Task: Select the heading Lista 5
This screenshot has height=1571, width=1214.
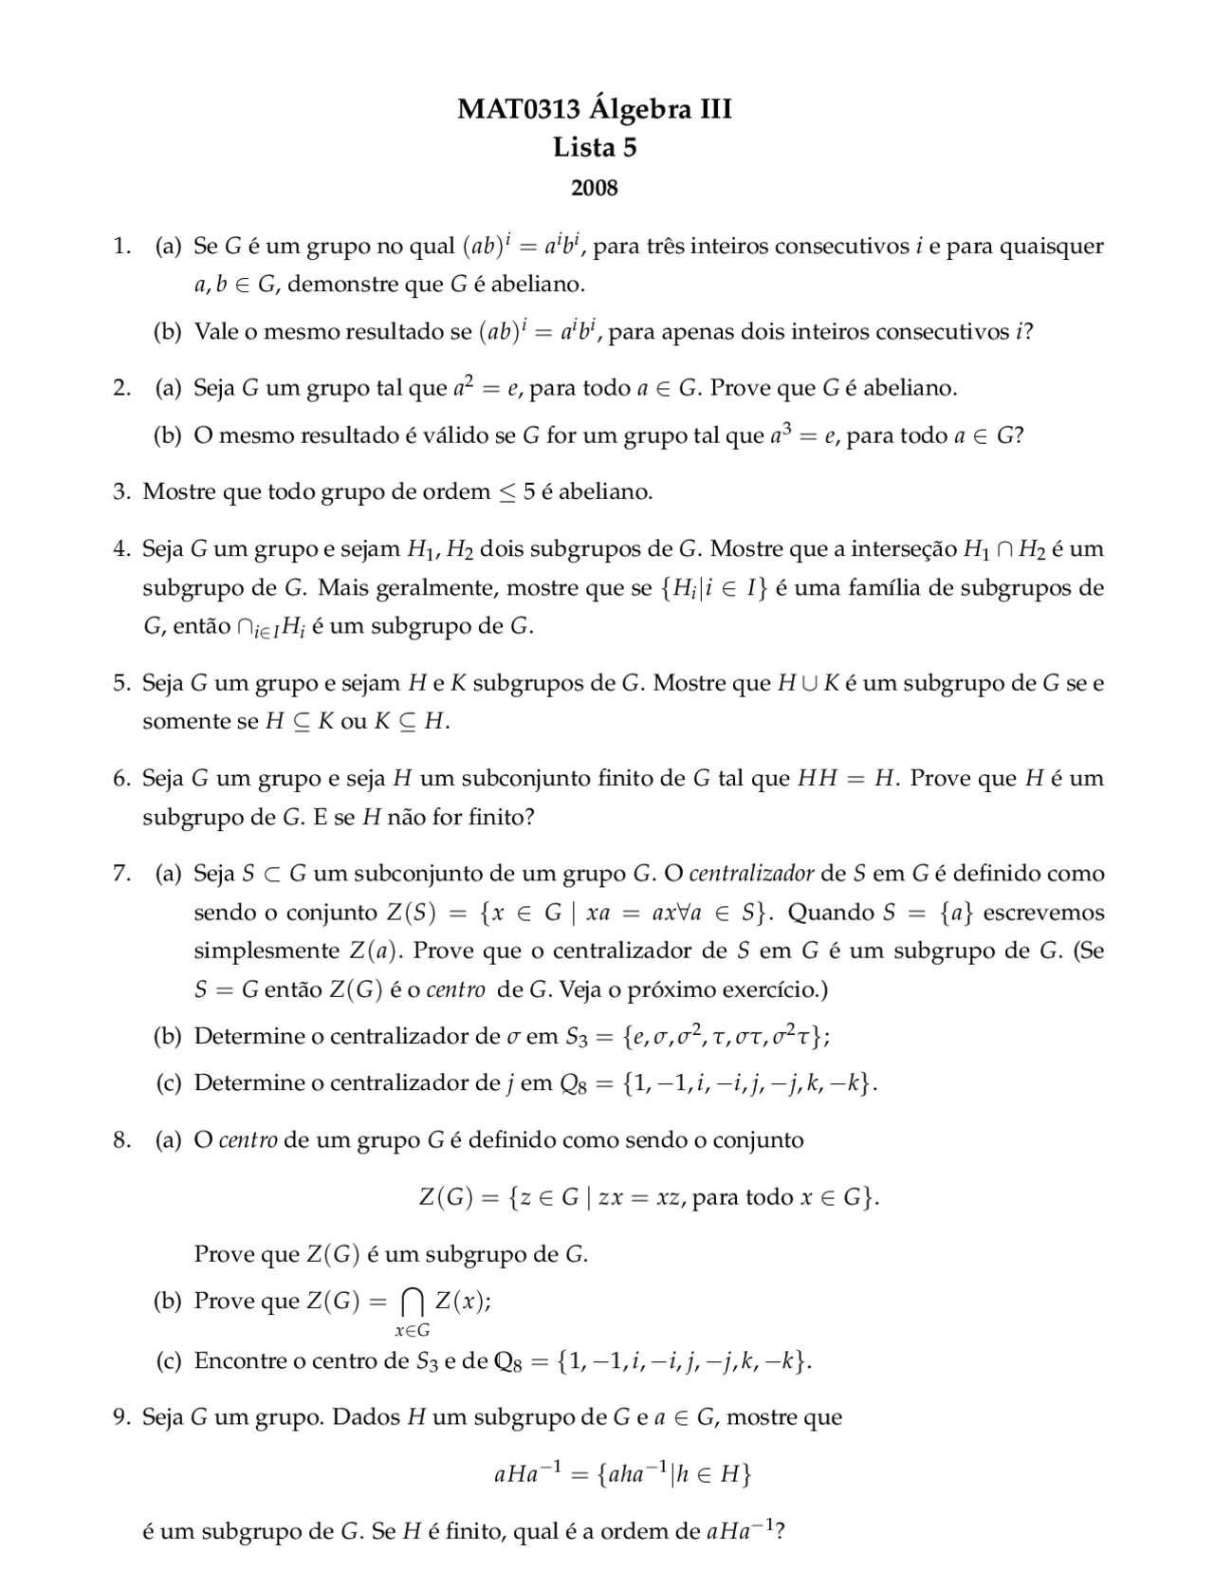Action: pyautogui.click(x=595, y=148)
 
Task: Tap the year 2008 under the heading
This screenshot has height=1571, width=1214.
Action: pyautogui.click(x=595, y=188)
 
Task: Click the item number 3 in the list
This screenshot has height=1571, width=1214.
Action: pyautogui.click(x=121, y=491)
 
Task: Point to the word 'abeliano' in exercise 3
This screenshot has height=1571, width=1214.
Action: pyautogui.click(x=610, y=491)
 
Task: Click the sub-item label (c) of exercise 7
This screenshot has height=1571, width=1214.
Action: pyautogui.click(x=169, y=1082)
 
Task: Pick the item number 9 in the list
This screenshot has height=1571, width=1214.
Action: pyautogui.click(x=121, y=1417)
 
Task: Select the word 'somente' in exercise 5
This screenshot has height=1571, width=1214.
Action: pyautogui.click(x=179, y=721)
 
